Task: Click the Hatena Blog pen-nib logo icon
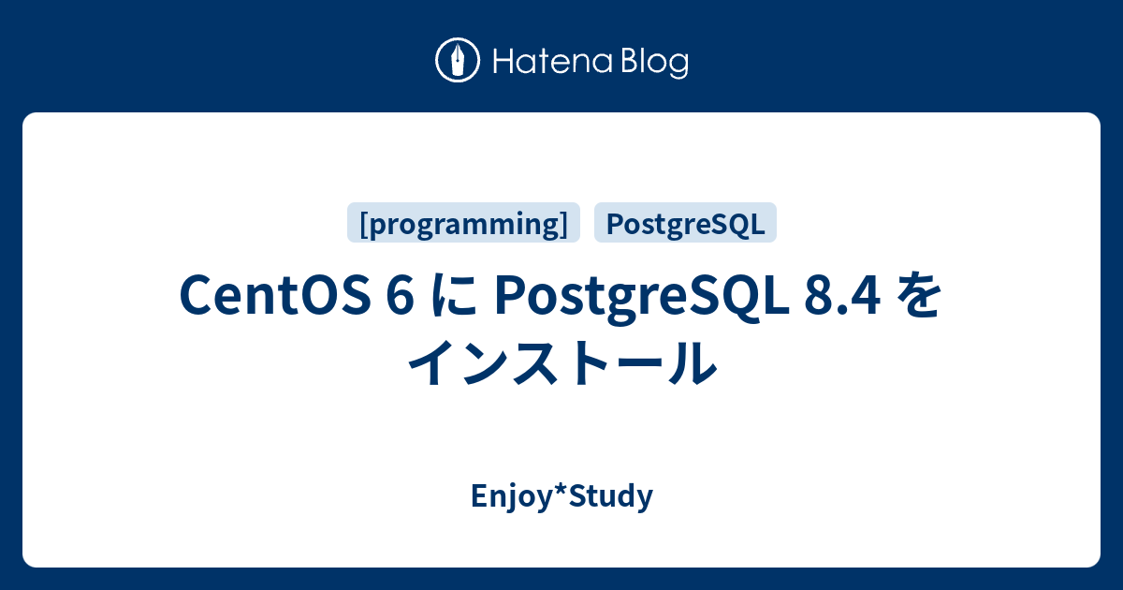pyautogui.click(x=458, y=60)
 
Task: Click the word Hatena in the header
pyautogui.click(x=552, y=62)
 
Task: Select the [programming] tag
pyautogui.click(x=463, y=223)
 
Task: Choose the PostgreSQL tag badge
pyautogui.click(x=685, y=223)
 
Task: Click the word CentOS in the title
pyautogui.click(x=275, y=296)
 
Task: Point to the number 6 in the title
pyautogui.click(x=401, y=296)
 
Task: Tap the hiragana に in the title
pyautogui.click(x=454, y=296)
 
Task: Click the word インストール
pyautogui.click(x=562, y=362)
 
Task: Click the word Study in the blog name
pyautogui.click(x=610, y=496)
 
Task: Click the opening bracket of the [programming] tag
pyautogui.click(x=364, y=224)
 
